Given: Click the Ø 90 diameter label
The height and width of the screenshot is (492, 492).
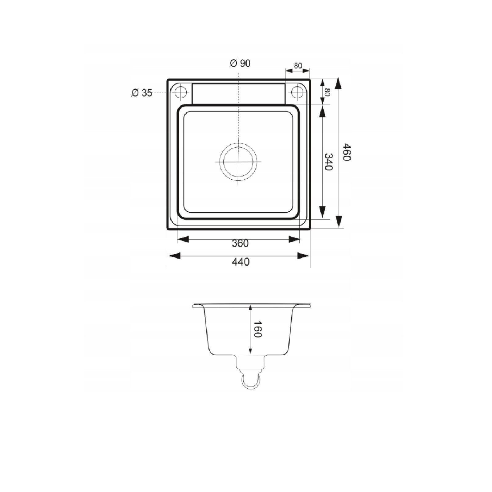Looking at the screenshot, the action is coord(240,63).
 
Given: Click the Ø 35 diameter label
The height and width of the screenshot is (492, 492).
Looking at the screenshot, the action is coord(142,93).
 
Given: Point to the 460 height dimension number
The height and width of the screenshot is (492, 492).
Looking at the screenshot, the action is coord(347,152).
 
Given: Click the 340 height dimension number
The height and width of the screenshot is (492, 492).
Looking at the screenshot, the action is coord(329,162).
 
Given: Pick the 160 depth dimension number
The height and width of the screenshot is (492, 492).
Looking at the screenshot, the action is coord(258,329).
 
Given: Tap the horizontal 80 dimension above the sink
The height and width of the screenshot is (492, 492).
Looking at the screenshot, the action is coord(298,65).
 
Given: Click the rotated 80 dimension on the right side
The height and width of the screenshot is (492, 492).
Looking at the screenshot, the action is coord(327,92).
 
